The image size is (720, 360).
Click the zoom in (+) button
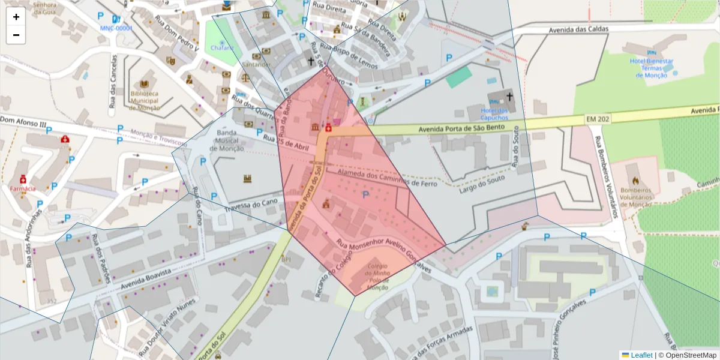(x=16, y=17)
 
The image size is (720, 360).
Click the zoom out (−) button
(x=16, y=35)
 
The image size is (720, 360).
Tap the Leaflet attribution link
(x=641, y=355)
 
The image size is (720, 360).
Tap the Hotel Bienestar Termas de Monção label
(x=651, y=68)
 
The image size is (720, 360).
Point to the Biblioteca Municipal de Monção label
(x=145, y=100)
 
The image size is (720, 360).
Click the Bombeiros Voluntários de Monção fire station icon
(x=636, y=179)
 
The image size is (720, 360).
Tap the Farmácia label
(x=23, y=188)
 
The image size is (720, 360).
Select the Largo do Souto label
(x=479, y=182)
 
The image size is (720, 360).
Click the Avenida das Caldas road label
(x=578, y=29)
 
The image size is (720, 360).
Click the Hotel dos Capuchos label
(x=494, y=114)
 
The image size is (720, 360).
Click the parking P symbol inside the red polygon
(x=365, y=195)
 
